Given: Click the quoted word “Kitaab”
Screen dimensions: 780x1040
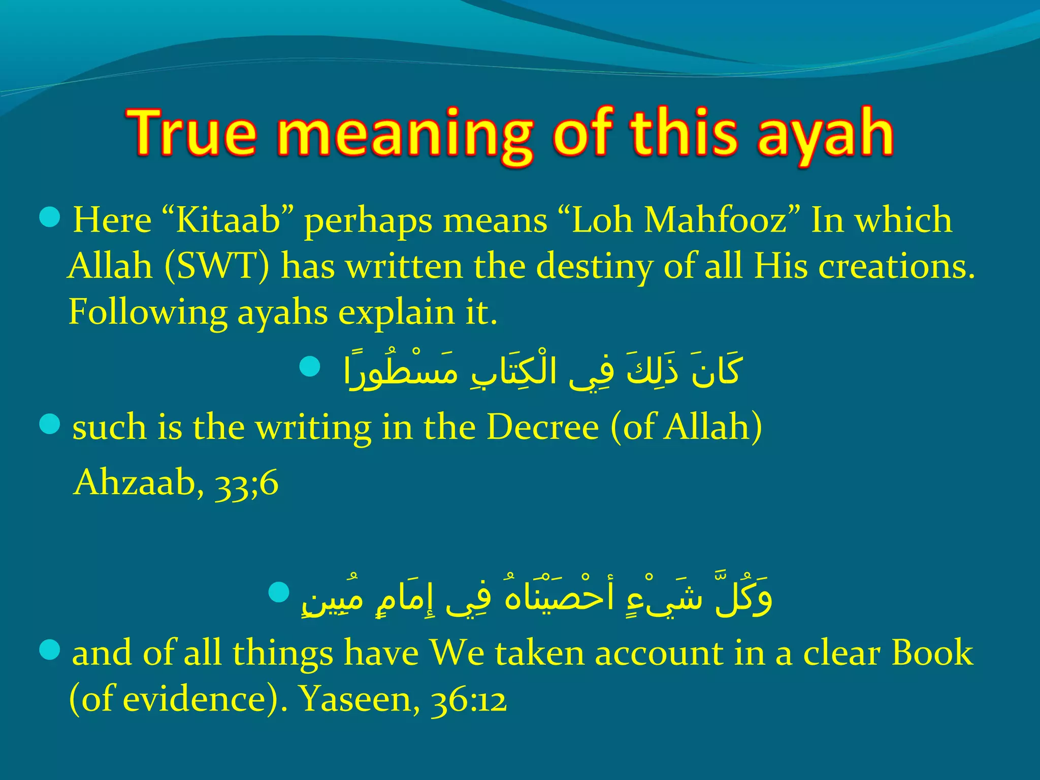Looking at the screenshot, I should point(229,221).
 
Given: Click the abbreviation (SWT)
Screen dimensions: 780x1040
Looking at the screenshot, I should point(217,267).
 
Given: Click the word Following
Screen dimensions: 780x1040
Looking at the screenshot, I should point(148,312).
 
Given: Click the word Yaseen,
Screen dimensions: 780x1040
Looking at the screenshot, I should point(359,700).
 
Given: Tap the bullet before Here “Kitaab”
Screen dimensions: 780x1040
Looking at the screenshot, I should point(50,218).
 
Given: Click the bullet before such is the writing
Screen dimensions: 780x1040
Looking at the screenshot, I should point(50,425).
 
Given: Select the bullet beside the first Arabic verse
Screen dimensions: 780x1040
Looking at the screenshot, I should point(310,367).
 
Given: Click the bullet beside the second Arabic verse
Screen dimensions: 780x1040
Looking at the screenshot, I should point(278,592).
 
